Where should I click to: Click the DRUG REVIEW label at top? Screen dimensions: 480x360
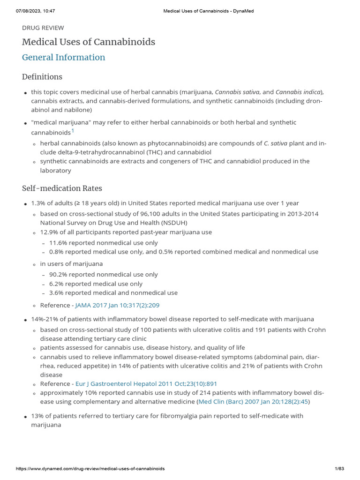click(43, 28)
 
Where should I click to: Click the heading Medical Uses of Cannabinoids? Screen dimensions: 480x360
click(89, 42)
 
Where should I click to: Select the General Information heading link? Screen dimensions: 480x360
click(64, 58)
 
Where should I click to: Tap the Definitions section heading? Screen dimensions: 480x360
click(42, 77)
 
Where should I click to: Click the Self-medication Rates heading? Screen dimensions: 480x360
click(62, 188)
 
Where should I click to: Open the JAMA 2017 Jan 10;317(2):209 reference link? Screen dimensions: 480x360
click(118, 305)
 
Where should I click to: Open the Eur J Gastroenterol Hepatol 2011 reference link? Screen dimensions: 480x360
click(146, 384)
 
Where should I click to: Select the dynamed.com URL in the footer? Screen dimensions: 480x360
click(90, 469)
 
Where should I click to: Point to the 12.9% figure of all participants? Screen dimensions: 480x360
click(50, 232)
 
